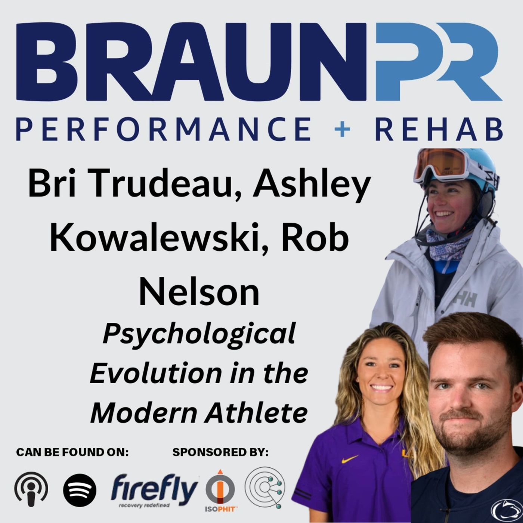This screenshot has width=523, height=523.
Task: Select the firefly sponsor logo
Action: [x=154, y=490]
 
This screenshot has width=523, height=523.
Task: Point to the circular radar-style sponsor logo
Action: [x=265, y=488]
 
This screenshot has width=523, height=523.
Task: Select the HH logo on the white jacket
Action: [x=465, y=299]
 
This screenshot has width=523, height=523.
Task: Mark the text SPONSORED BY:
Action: [x=220, y=452]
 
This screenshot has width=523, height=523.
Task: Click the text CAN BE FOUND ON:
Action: [x=72, y=452]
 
